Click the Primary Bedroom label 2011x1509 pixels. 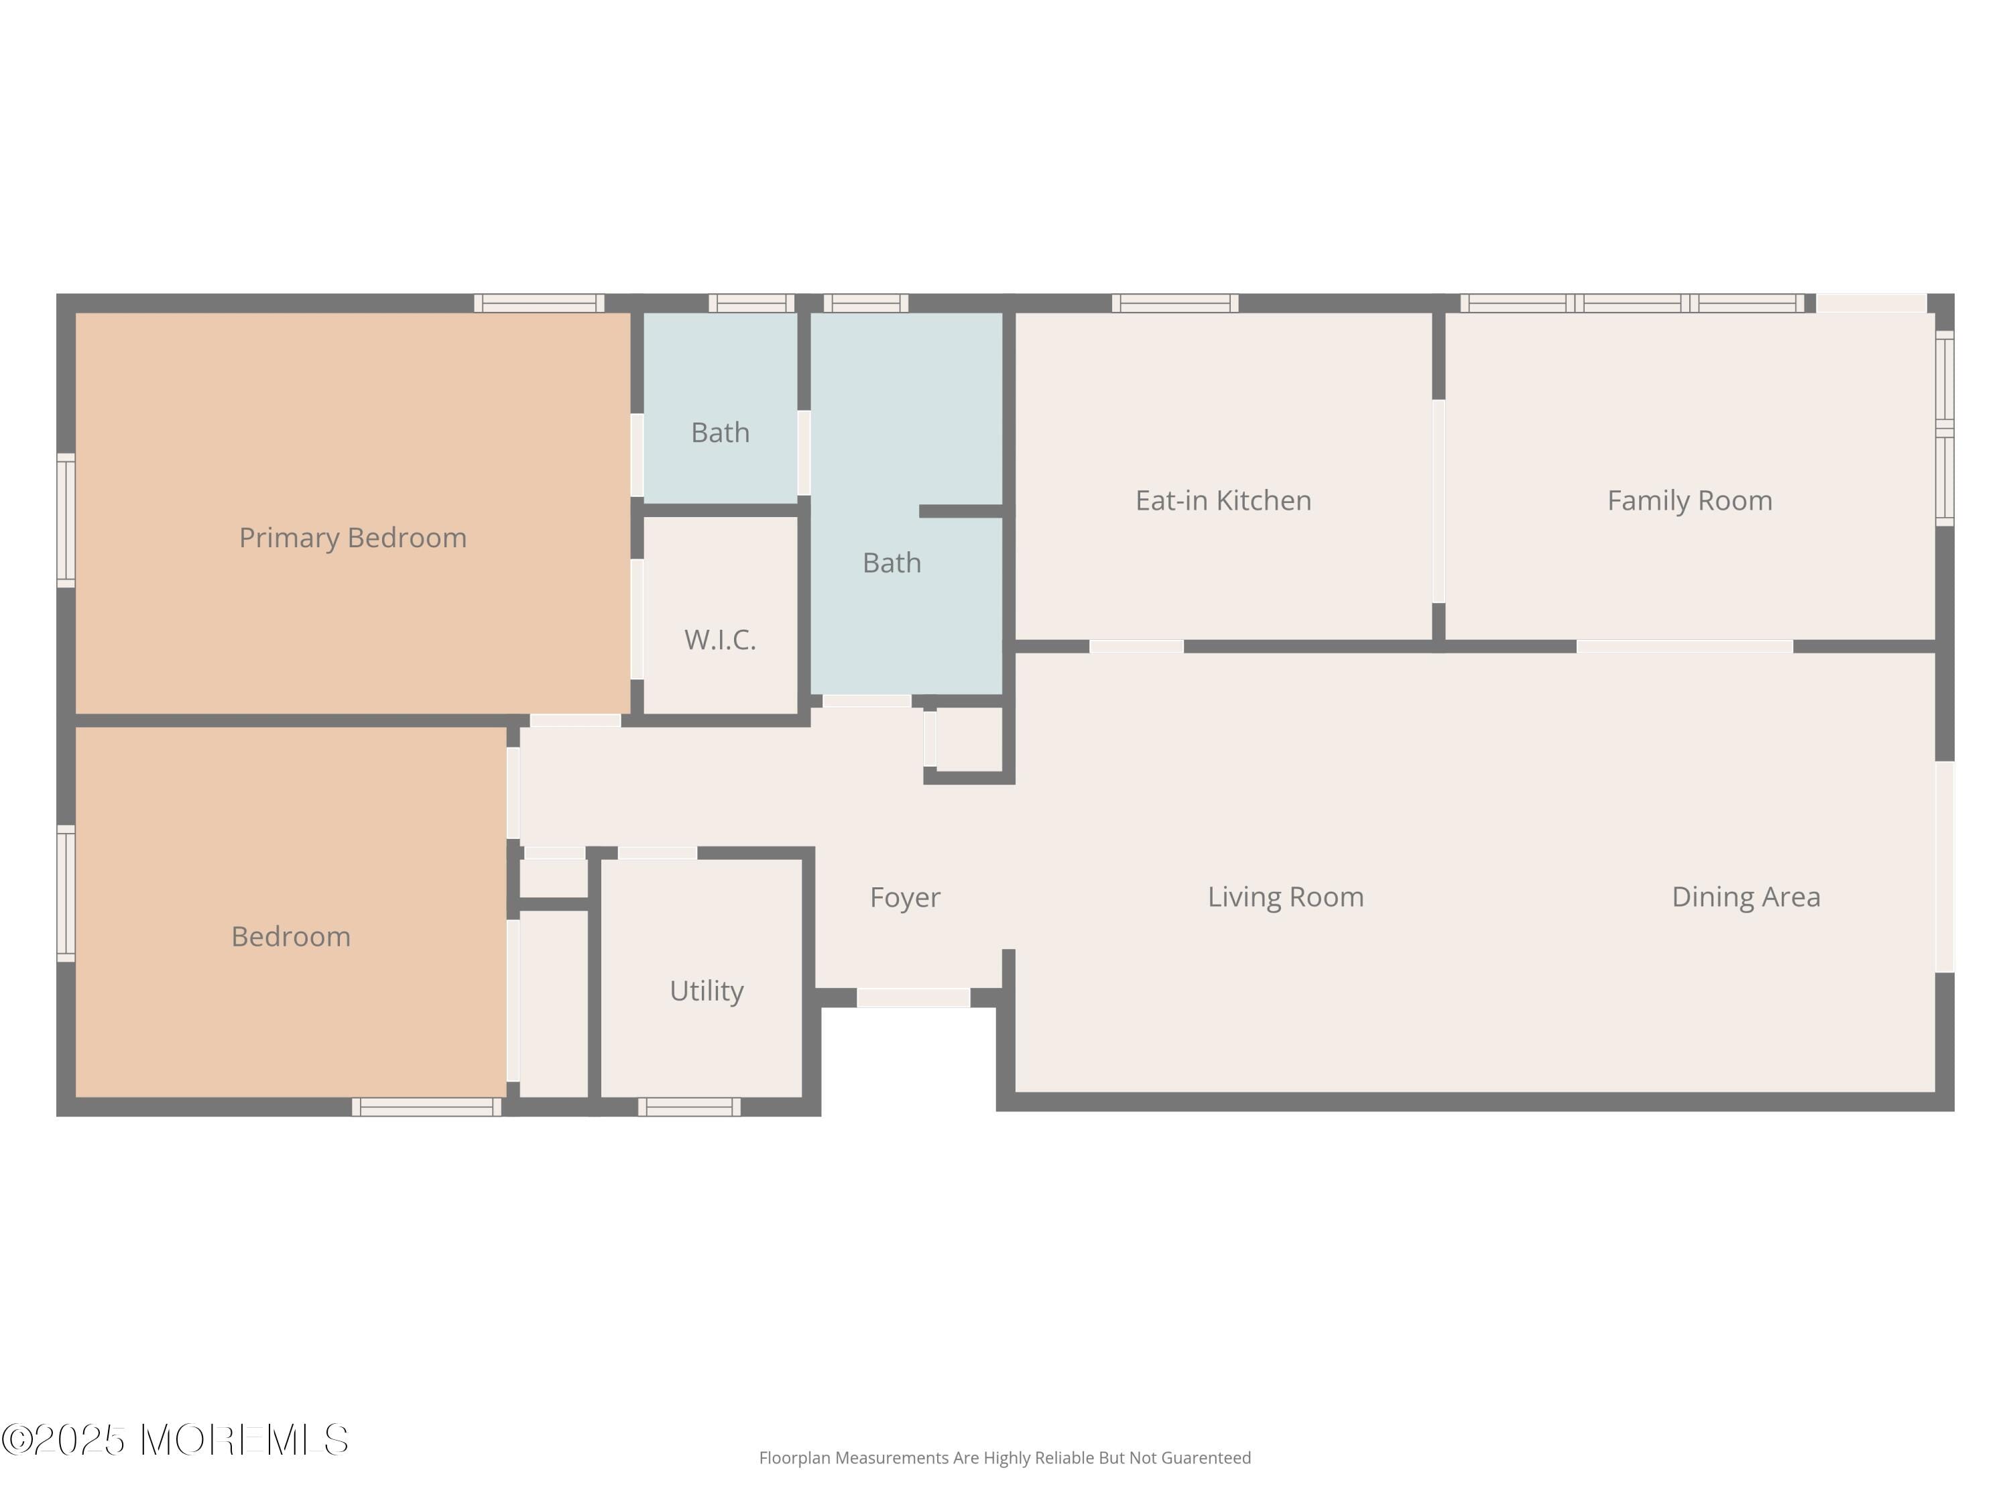pos(353,538)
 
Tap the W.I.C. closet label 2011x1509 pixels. pos(720,639)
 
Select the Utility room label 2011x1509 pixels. pos(707,990)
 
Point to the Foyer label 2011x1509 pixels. pos(904,897)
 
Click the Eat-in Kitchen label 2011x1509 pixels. pos(1223,500)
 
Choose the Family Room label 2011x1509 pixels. pos(1689,500)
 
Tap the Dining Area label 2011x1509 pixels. pos(1746,897)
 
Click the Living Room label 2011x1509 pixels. pos(1284,897)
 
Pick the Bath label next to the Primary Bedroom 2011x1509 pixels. pos(720,432)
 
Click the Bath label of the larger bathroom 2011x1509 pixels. pos(891,563)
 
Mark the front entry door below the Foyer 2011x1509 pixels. pos(913,998)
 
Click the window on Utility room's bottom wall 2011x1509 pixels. pos(688,1107)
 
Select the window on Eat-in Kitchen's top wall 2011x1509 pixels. pos(1174,303)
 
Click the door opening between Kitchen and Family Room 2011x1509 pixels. pos(1439,501)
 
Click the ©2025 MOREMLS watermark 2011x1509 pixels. pos(174,1440)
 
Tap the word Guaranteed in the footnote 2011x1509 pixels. pos(1205,1458)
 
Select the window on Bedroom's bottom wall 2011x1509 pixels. pos(426,1107)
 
